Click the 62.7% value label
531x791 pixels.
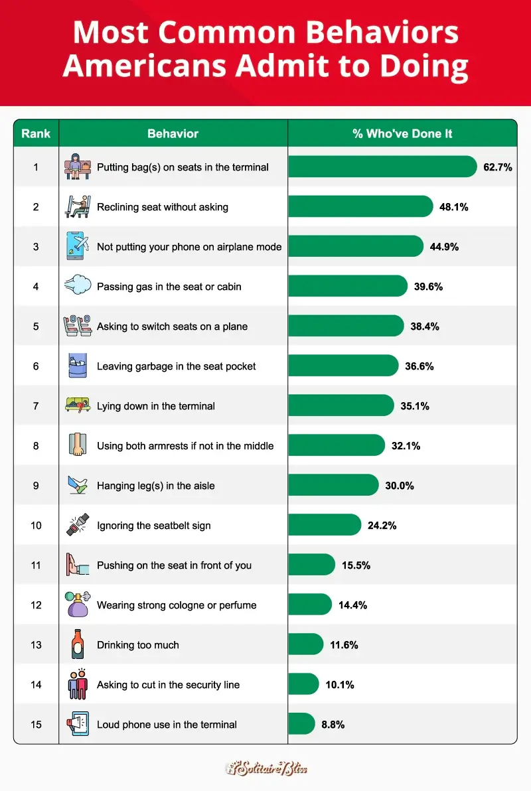[497, 167]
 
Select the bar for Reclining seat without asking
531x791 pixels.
[360, 206]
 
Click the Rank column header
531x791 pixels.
[36, 133]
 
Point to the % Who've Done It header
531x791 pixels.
[402, 133]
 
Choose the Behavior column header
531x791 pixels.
[173, 133]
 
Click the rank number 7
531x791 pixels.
[36, 405]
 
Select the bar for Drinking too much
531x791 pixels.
[306, 644]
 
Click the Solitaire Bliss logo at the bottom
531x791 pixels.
[265, 768]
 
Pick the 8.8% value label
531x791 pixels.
[333, 725]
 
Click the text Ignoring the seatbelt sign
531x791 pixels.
[153, 526]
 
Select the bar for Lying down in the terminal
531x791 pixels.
[341, 405]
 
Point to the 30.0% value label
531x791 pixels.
[399, 486]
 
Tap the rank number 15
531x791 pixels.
[36, 724]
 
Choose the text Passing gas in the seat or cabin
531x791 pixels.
[169, 287]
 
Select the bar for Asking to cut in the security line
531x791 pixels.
[303, 684]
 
